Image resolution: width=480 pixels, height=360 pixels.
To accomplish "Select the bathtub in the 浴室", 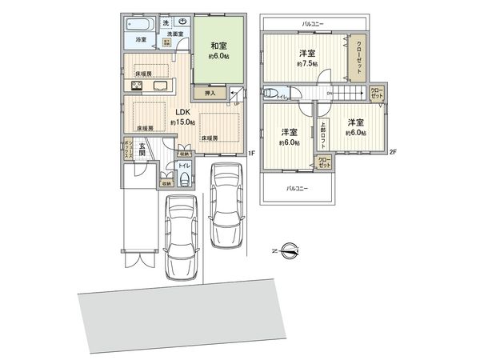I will [140, 26].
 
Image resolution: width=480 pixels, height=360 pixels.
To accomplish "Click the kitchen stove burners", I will [134, 86].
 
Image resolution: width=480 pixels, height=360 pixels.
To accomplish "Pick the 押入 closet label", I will [210, 94].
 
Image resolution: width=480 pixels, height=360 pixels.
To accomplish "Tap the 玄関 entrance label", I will [142, 151].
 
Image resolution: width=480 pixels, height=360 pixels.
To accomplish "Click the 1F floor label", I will [250, 153].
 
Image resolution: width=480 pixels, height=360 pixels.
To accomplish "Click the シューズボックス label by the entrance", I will [128, 150].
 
